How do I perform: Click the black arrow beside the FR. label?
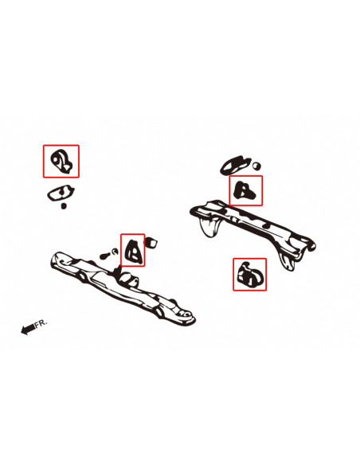(28, 329)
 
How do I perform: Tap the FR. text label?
(41, 323)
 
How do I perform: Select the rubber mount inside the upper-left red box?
(61, 162)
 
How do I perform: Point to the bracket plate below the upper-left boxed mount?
(60, 193)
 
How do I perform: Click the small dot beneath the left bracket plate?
(65, 205)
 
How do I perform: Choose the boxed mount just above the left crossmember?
(132, 250)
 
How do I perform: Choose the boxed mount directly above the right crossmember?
(245, 190)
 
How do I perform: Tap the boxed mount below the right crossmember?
(248, 275)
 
